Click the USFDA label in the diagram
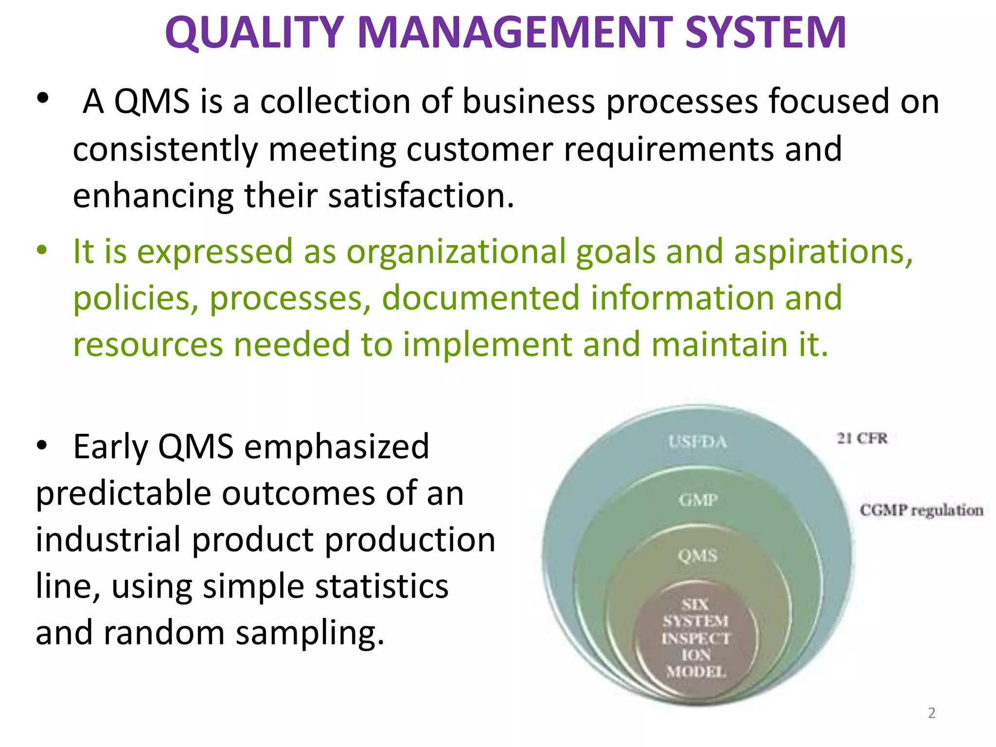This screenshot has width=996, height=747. pyautogui.click(x=697, y=442)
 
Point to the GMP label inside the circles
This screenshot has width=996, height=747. pyautogui.click(x=698, y=499)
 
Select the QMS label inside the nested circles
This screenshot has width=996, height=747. pyautogui.click(x=697, y=555)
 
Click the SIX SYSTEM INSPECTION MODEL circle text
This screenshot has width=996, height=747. pyautogui.click(x=696, y=638)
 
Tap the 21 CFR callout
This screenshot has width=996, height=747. pyautogui.click(x=862, y=438)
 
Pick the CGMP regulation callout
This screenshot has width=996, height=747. pyautogui.click(x=921, y=510)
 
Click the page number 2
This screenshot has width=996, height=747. pyautogui.click(x=931, y=713)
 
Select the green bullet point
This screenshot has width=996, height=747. pyautogui.click(x=42, y=251)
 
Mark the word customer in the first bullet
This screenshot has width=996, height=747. pyautogui.click(x=480, y=149)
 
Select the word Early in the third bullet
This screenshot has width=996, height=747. pyautogui.click(x=110, y=446)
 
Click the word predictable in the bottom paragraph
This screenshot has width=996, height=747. pyautogui.click(x=124, y=494)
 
